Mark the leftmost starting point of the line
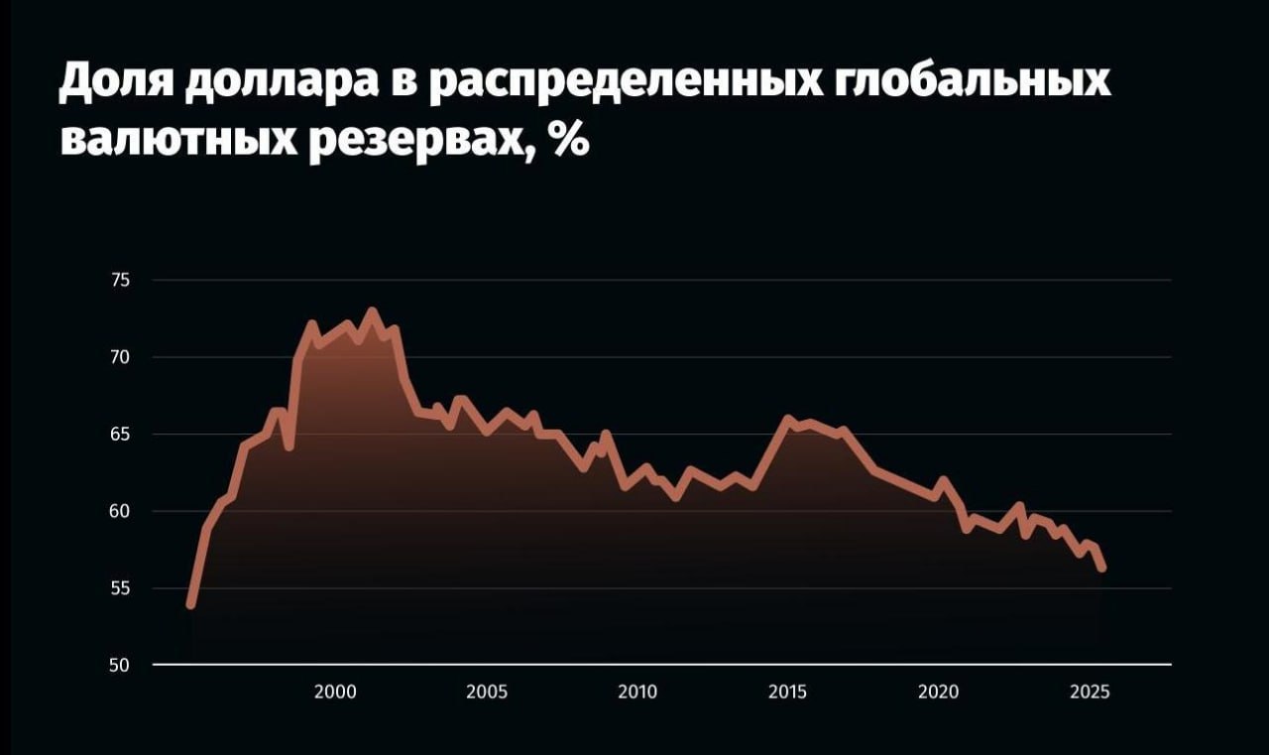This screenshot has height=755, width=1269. pyautogui.click(x=190, y=604)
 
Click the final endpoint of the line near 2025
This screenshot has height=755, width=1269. pyautogui.click(x=1101, y=567)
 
